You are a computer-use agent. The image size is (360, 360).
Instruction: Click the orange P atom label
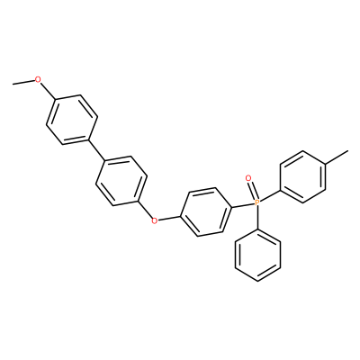click(x=256, y=203)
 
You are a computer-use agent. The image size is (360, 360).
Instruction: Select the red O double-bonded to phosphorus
click(x=248, y=178)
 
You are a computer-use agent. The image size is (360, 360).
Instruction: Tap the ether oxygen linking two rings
click(x=154, y=221)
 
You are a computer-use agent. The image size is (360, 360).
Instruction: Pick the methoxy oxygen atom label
click(x=38, y=79)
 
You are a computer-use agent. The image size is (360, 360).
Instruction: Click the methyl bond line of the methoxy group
click(x=23, y=82)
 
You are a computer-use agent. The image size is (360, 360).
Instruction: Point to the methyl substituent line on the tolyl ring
click(x=337, y=157)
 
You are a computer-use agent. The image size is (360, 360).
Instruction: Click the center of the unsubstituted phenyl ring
click(x=258, y=256)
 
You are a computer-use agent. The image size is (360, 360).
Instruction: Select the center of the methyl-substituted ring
click(x=302, y=176)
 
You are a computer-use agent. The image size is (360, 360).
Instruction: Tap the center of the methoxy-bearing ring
click(x=71, y=120)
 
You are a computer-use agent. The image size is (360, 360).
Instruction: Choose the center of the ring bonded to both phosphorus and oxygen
click(x=206, y=211)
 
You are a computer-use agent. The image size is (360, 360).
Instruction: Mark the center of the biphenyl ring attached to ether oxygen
click(x=121, y=181)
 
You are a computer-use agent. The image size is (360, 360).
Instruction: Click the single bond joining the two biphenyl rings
click(x=96, y=150)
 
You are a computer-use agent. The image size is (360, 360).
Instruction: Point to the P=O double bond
click(x=252, y=191)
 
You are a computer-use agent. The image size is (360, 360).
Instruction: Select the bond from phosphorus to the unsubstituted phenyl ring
click(x=257, y=218)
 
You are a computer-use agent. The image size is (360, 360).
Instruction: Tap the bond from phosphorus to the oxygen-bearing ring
click(x=243, y=205)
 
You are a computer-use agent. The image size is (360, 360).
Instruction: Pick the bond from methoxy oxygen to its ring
click(x=47, y=91)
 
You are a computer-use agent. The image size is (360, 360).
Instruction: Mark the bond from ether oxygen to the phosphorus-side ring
click(x=169, y=219)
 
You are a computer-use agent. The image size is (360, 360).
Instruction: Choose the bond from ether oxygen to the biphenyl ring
click(x=146, y=211)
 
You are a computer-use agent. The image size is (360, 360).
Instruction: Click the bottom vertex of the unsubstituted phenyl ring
click(x=258, y=282)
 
